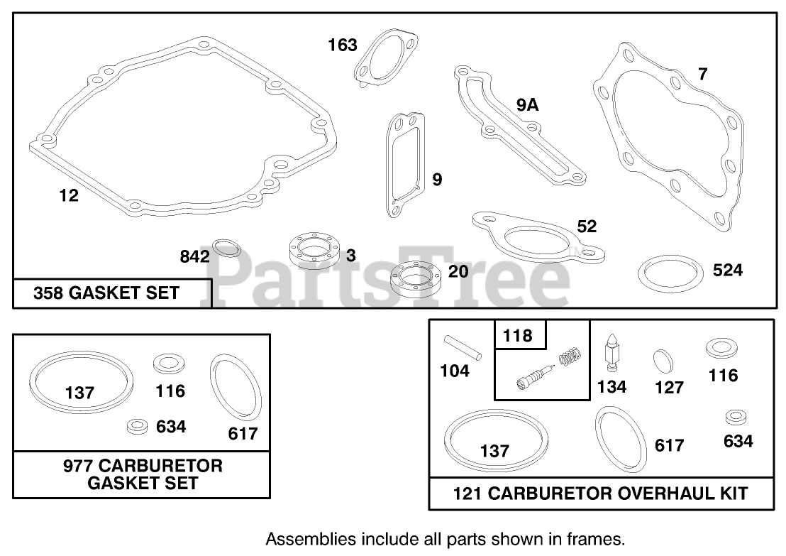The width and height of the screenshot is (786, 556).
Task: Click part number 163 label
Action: [343, 45]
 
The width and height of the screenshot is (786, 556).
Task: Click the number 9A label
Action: [527, 105]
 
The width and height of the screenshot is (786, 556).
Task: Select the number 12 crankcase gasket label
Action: [69, 195]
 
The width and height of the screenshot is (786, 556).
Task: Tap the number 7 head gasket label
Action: [703, 75]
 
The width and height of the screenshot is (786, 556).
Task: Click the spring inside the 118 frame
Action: [570, 356]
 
